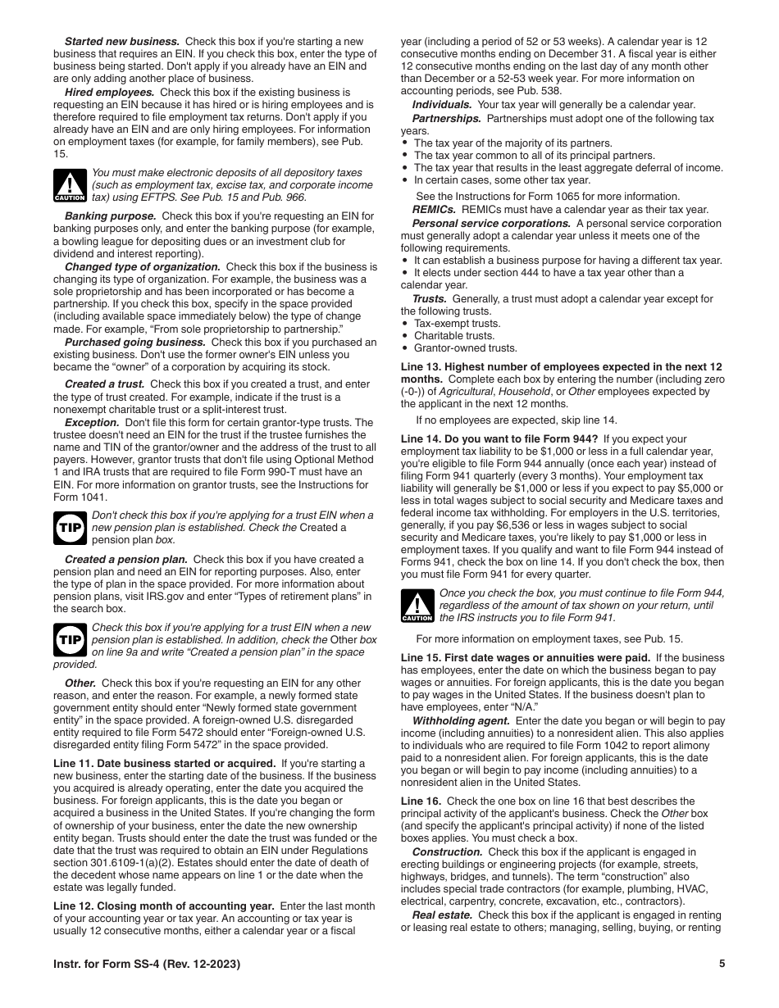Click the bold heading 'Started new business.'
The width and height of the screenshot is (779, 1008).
122,41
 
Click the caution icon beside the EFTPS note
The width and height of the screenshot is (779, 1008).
70,186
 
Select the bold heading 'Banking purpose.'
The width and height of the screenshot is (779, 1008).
110,216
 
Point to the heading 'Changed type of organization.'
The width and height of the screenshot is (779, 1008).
142,267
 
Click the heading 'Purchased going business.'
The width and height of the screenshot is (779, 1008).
135,342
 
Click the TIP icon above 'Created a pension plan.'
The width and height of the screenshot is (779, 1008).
70,528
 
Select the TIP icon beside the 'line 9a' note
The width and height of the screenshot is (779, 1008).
70,640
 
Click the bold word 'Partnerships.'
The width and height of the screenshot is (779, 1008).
446,119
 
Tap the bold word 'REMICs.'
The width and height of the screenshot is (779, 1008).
434,210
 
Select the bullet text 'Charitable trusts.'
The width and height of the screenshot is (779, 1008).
453,336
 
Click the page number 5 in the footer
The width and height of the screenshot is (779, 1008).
722,964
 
